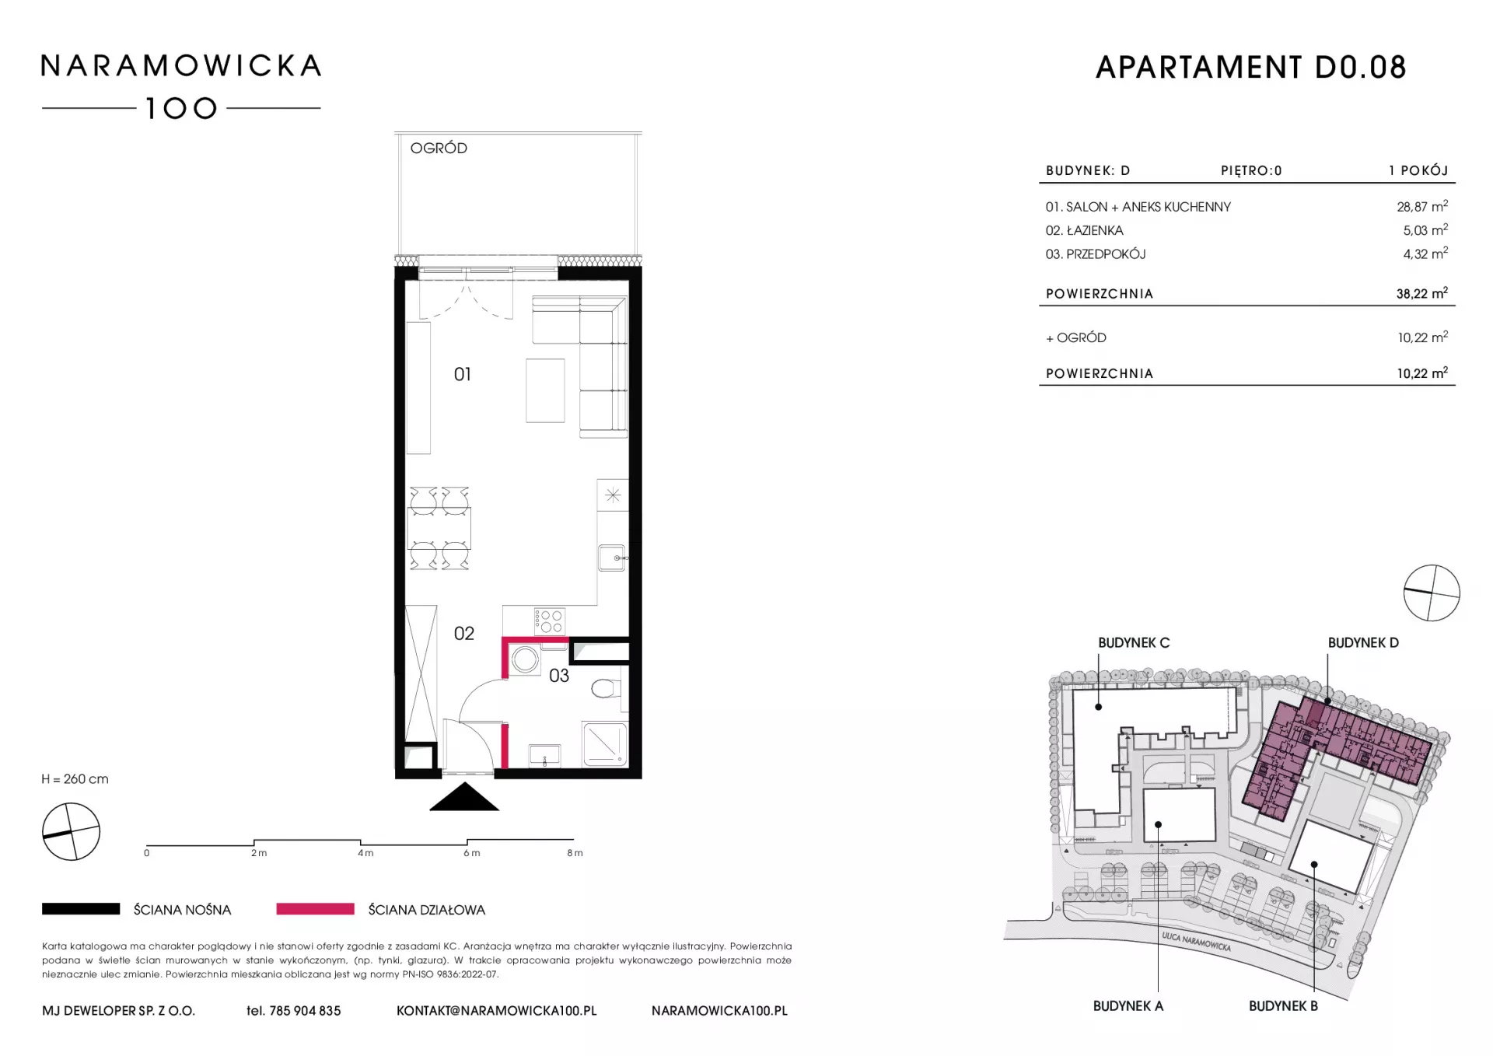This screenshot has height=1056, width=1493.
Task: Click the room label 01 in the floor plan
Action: (x=463, y=375)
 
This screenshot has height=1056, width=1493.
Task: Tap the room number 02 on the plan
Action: (x=463, y=634)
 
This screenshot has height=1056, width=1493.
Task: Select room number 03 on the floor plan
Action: (x=559, y=676)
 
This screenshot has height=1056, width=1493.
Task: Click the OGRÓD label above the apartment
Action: (x=439, y=148)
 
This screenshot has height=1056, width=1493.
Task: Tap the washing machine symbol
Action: (x=526, y=660)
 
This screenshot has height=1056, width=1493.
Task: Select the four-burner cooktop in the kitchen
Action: (x=549, y=621)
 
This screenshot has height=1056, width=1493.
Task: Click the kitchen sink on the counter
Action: (x=612, y=558)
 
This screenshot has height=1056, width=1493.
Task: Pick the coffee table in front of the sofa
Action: (x=545, y=390)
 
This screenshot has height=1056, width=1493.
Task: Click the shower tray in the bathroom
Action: (x=605, y=743)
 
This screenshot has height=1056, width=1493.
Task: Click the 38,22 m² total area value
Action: (x=1421, y=293)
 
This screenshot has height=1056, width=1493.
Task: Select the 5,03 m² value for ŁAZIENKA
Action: (x=1425, y=230)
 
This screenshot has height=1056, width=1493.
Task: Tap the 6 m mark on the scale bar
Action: (x=471, y=853)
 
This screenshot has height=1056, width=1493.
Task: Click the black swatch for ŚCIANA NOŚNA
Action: (x=81, y=909)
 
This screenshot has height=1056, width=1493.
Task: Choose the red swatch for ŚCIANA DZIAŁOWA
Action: (x=315, y=909)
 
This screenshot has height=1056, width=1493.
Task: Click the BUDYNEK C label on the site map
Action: (x=1134, y=643)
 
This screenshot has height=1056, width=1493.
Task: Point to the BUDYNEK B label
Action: (x=1283, y=1006)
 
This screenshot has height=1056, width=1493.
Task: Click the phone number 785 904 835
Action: (x=305, y=1011)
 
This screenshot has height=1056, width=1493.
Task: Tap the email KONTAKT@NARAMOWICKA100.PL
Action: (x=497, y=1011)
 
